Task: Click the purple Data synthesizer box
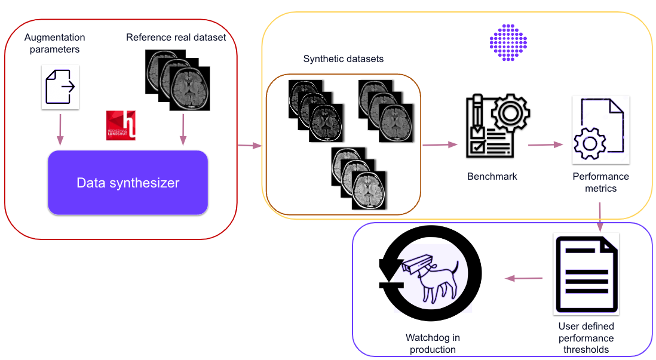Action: [x=127, y=183]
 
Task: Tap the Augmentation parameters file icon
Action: [x=60, y=88]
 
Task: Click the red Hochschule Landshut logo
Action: [x=121, y=125]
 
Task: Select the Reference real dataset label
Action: [x=176, y=38]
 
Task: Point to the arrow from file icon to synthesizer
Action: [x=60, y=130]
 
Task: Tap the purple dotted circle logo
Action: [x=508, y=43]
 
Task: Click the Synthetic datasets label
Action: [x=343, y=59]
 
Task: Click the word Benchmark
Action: [x=492, y=177]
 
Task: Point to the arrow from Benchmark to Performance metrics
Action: [x=547, y=144]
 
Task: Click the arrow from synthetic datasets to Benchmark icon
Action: [x=440, y=144]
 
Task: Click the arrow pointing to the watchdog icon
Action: [x=523, y=278]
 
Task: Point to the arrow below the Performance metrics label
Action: [x=599, y=216]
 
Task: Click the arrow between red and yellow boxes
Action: [x=250, y=145]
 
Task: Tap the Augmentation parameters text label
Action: [x=54, y=44]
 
